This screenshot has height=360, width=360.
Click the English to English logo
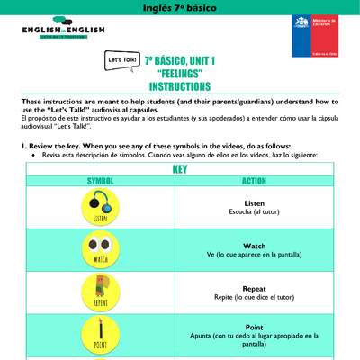pyautogui.click(x=63, y=30)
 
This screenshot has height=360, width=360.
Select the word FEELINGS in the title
pyautogui.click(x=179, y=74)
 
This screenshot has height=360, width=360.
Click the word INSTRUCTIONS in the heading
pyautogui.click(x=179, y=87)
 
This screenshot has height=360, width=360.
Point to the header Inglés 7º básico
pyautogui.click(x=180, y=7)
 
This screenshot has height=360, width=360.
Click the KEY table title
pyautogui.click(x=179, y=169)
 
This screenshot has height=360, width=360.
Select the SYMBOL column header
pyautogui.click(x=100, y=181)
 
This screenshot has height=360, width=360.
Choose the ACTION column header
pyautogui.click(x=254, y=181)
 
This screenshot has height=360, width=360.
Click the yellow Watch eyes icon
pyautogui.click(x=100, y=249)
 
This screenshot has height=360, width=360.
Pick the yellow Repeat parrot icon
pyautogui.click(x=100, y=292)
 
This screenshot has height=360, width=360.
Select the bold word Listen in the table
pyautogui.click(x=254, y=203)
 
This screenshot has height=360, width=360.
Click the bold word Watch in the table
pyautogui.click(x=254, y=246)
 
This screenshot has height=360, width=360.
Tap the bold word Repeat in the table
pyautogui.click(x=254, y=289)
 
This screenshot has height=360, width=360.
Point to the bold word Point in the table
pyautogui.click(x=254, y=327)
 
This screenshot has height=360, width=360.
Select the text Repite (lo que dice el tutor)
pyautogui.click(x=254, y=297)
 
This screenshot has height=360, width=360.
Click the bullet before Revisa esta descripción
pyautogui.click(x=33, y=155)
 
